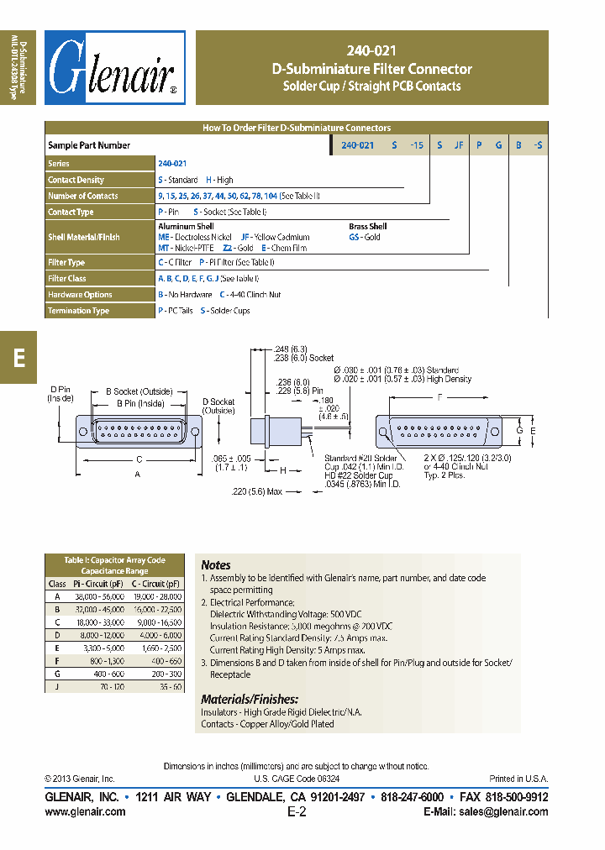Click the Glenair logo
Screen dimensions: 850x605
[x=114, y=69]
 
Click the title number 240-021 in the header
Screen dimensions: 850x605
[x=371, y=51]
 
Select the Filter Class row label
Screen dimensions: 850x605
[x=67, y=278]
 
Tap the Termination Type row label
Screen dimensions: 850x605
[x=78, y=311]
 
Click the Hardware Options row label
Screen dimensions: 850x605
[x=80, y=295]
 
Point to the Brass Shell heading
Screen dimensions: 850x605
[x=367, y=227]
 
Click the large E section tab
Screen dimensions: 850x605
[x=18, y=356]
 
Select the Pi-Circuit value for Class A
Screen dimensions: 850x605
[x=100, y=596]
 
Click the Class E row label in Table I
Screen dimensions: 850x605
[x=57, y=649]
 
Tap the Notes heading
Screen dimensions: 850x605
[x=216, y=565]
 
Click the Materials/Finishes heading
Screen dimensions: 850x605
[x=250, y=699]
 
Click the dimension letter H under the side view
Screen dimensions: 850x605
[x=283, y=470]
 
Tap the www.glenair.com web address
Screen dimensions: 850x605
[x=85, y=811]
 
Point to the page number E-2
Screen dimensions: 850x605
[x=297, y=811]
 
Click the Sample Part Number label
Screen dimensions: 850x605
[x=89, y=145]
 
